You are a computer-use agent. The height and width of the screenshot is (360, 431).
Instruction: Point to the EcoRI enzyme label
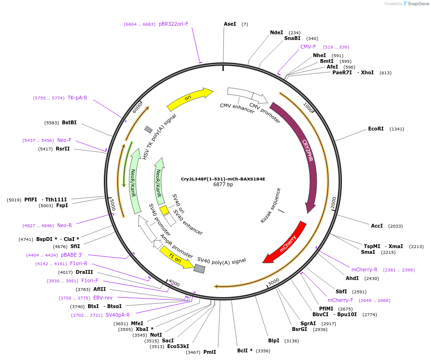click(376, 129)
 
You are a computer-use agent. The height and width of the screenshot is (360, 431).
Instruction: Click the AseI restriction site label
click(230, 24)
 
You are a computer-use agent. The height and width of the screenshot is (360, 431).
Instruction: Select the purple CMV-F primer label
click(308, 47)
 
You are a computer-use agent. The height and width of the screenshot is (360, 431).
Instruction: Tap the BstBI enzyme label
click(69, 123)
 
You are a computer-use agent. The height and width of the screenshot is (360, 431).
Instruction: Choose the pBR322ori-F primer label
click(173, 24)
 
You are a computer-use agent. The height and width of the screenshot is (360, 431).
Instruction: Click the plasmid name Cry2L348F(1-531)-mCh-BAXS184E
click(223, 179)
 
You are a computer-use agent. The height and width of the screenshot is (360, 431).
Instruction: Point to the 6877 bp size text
click(223, 185)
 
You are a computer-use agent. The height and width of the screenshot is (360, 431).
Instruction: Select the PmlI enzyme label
click(210, 352)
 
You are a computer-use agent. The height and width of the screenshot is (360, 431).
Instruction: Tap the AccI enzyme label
click(377, 226)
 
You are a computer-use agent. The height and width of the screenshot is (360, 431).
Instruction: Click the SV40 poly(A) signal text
click(221, 260)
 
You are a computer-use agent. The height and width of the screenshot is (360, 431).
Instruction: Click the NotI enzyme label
click(156, 335)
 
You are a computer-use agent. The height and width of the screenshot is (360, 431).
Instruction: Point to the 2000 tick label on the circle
click(333, 202)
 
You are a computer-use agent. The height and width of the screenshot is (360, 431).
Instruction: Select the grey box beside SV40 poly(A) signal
click(200, 269)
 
